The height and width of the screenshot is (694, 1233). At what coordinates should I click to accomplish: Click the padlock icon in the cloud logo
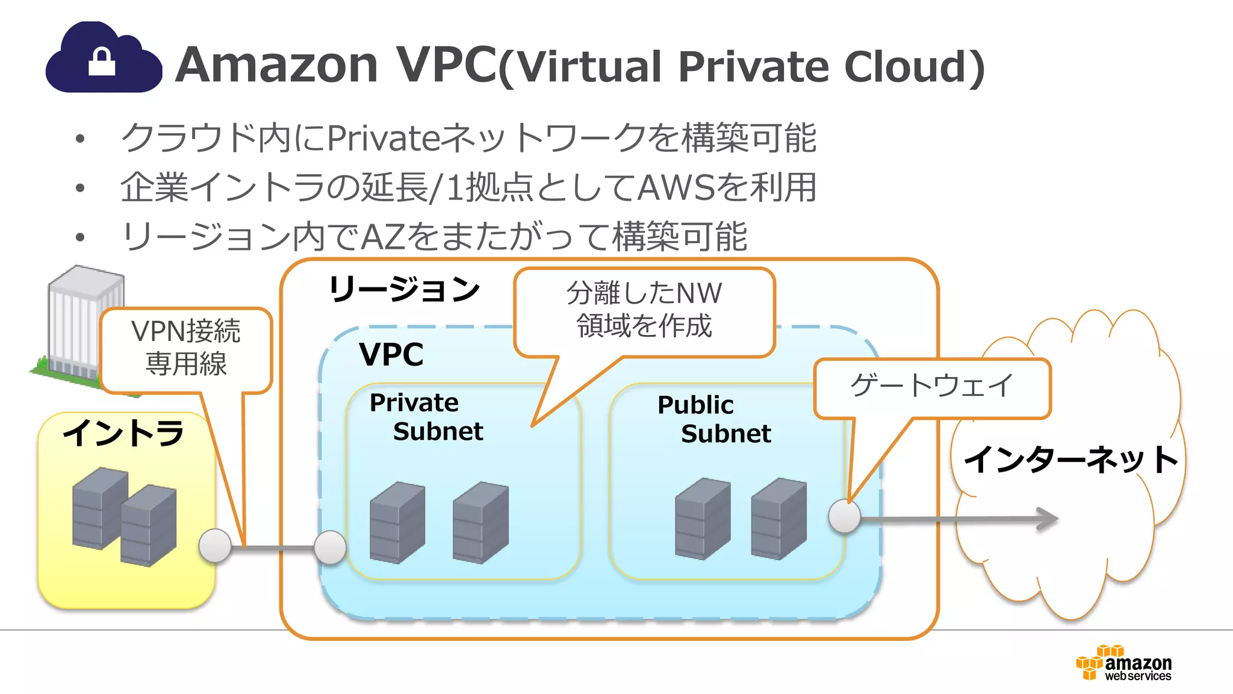pyautogui.click(x=102, y=61)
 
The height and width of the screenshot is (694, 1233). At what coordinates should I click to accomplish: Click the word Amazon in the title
pyautogui.click(x=276, y=64)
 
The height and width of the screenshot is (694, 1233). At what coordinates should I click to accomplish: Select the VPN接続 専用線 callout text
pyautogui.click(x=185, y=348)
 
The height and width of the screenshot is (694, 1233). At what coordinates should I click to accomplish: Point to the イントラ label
pyautogui.click(x=123, y=433)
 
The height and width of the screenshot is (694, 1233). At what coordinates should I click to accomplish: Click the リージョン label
pyautogui.click(x=404, y=289)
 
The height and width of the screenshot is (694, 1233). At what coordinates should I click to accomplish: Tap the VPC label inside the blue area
pyautogui.click(x=391, y=354)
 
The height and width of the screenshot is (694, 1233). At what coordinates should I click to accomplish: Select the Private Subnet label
pyautogui.click(x=426, y=417)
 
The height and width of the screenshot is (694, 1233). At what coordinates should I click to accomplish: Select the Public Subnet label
pyautogui.click(x=714, y=419)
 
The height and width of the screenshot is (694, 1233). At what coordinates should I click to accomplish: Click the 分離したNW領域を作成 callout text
pyautogui.click(x=644, y=310)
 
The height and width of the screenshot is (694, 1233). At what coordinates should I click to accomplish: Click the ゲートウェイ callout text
pyautogui.click(x=931, y=386)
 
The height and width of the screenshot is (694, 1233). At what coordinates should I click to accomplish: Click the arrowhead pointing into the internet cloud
pyautogui.click(x=1046, y=519)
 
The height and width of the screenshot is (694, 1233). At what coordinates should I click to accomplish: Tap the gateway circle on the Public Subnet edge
pyautogui.click(x=844, y=516)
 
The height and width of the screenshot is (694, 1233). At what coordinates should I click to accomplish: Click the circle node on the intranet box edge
pyautogui.click(x=215, y=546)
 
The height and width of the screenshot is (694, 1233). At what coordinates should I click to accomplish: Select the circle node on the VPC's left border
pyautogui.click(x=331, y=548)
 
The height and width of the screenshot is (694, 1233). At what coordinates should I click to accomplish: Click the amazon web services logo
pyautogui.click(x=1123, y=663)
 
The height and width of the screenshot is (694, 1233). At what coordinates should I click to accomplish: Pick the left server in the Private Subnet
pyautogui.click(x=397, y=522)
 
